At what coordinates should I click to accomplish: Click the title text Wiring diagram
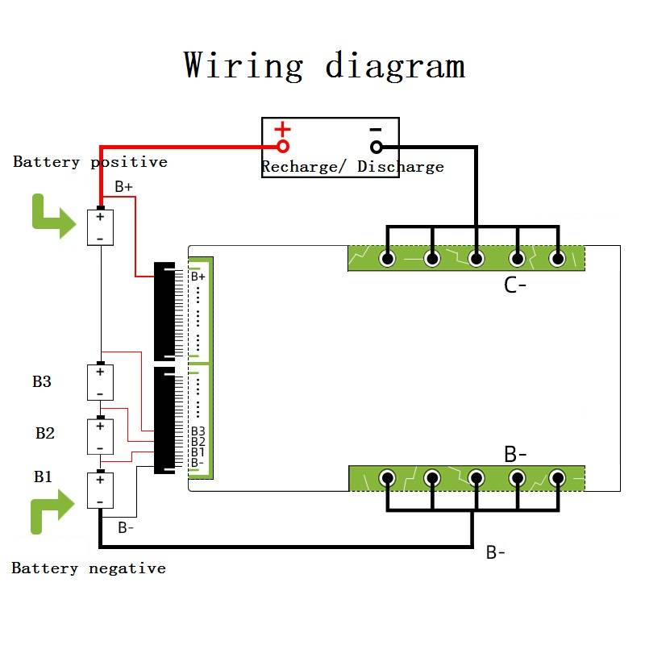324,64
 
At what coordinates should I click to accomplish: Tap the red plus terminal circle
283,147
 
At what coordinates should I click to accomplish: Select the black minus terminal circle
376,147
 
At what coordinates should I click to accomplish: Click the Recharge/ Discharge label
352,167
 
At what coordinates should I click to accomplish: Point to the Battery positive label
90,162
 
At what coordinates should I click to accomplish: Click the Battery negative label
89,568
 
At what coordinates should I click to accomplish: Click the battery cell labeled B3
100,382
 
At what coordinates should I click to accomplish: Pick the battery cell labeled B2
100,436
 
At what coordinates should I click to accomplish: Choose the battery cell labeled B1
100,490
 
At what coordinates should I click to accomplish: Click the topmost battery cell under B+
100,227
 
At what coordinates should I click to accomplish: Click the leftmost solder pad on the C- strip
388,259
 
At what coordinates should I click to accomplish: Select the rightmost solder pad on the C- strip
557,259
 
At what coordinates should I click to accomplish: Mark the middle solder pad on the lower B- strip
476,478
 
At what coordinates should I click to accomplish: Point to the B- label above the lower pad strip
515,454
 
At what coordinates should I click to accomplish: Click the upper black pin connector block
164,310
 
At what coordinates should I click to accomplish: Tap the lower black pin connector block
164,420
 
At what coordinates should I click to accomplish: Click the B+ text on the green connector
198,277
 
